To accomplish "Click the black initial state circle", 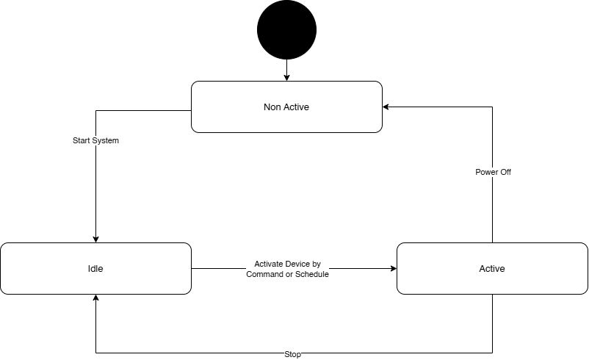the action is click(x=286, y=29).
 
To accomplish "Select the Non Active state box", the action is click(x=286, y=107).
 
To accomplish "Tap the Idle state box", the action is click(x=95, y=268).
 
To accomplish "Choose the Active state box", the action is click(x=492, y=268).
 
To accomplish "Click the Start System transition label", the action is click(x=95, y=140).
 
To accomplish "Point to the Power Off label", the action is click(x=493, y=172).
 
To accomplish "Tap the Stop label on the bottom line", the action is click(x=292, y=354).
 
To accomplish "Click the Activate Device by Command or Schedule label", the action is click(x=287, y=269).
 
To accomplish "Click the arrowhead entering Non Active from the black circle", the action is click(x=286, y=78).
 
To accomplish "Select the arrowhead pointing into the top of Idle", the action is click(x=95, y=240).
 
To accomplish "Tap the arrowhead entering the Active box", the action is click(x=394, y=268).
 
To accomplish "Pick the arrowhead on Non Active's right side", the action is click(x=386, y=107).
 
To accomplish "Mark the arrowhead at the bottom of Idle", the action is click(x=95, y=298).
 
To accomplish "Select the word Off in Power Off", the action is click(x=505, y=172).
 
